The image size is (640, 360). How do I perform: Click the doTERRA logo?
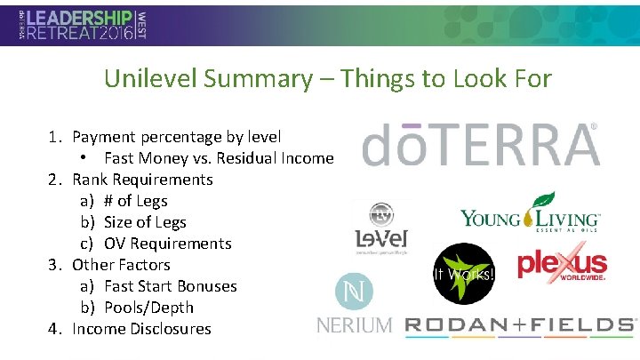[480, 145]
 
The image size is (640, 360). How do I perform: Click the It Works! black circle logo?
[463, 273]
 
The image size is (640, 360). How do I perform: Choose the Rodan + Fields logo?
[521, 325]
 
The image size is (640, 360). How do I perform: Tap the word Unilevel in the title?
[150, 78]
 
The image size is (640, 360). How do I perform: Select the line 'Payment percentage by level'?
[176, 137]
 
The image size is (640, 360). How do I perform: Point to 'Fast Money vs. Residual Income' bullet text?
[219, 158]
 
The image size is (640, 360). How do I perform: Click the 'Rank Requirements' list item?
[142, 180]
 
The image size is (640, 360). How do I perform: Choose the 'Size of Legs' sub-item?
[145, 222]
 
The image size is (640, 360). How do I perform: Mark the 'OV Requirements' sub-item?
[167, 244]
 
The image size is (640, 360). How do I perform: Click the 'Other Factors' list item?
[121, 265]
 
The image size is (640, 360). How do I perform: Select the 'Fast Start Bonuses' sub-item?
[170, 286]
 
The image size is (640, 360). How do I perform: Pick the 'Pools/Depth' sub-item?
[148, 308]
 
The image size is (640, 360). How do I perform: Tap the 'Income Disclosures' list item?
[141, 329]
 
